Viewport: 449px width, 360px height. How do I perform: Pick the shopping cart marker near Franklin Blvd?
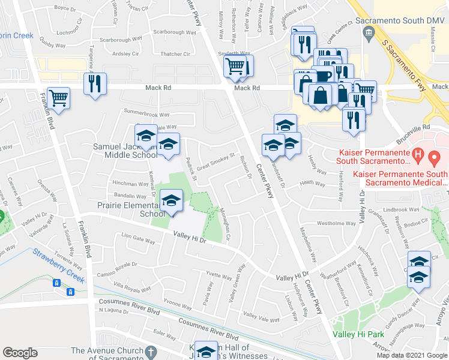(59, 98)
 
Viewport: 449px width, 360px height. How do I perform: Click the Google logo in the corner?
(20, 352)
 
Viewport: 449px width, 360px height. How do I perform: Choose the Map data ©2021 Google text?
(412, 355)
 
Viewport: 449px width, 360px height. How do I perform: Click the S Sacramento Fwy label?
(406, 61)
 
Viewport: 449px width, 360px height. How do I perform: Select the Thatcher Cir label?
(175, 54)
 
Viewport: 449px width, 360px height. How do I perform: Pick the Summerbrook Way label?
(147, 112)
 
